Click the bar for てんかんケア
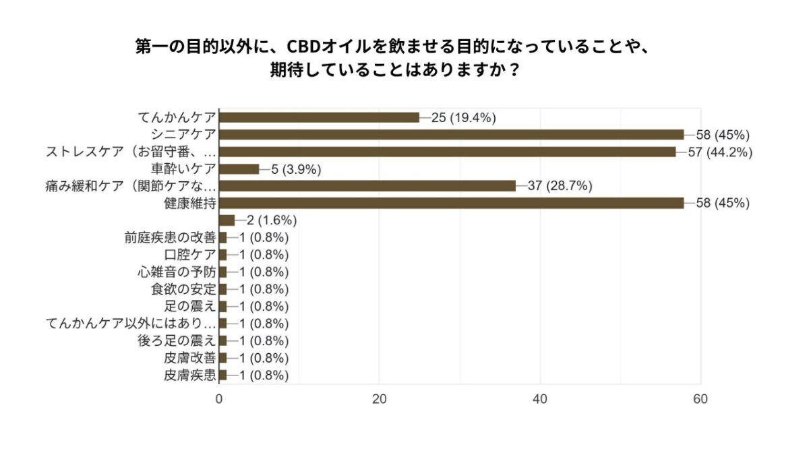point(319,117)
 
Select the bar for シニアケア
point(452,134)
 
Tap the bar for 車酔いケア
point(239,169)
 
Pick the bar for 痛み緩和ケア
point(367,186)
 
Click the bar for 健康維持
point(452,203)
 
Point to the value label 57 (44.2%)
point(721,152)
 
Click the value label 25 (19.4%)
point(464,117)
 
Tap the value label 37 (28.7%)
point(560,186)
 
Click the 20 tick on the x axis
point(380,398)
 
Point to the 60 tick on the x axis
point(700,398)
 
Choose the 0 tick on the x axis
point(220,398)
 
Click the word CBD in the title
point(305,47)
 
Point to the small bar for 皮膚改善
point(223,357)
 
